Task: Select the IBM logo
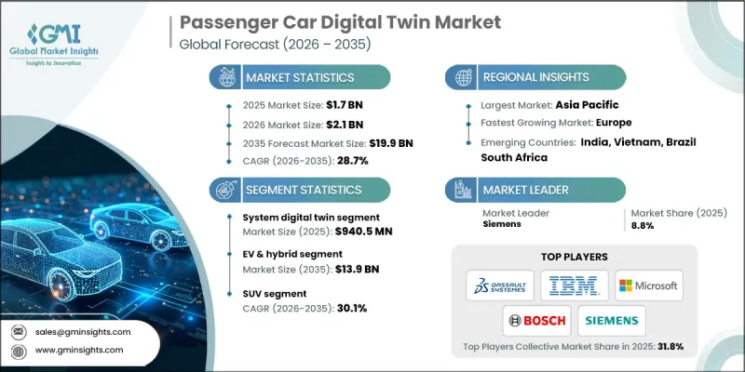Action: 573,285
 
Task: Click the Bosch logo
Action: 536,320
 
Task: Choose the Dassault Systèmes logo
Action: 499,285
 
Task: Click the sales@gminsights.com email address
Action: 84,331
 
